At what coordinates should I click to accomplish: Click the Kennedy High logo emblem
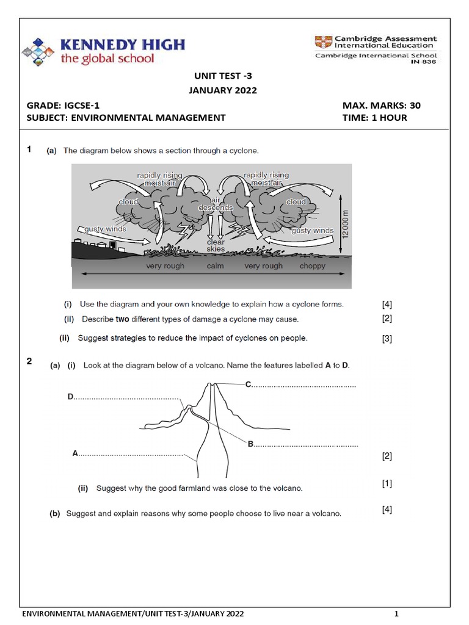[38, 51]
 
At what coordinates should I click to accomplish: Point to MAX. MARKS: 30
[382, 105]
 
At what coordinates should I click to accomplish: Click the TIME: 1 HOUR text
[375, 118]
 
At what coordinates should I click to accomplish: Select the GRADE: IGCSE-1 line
[63, 105]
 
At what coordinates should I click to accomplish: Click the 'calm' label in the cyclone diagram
[215, 266]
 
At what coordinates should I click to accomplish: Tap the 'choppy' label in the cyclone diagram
[313, 266]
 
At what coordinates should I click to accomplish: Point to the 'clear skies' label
[215, 245]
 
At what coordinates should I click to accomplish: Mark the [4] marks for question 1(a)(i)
[387, 304]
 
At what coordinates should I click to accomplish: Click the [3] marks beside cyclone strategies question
[387, 339]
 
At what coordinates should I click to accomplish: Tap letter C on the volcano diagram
[248, 384]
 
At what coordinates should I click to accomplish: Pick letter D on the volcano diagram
[70, 397]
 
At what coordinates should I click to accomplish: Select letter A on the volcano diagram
[75, 453]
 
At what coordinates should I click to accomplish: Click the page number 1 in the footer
[396, 613]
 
